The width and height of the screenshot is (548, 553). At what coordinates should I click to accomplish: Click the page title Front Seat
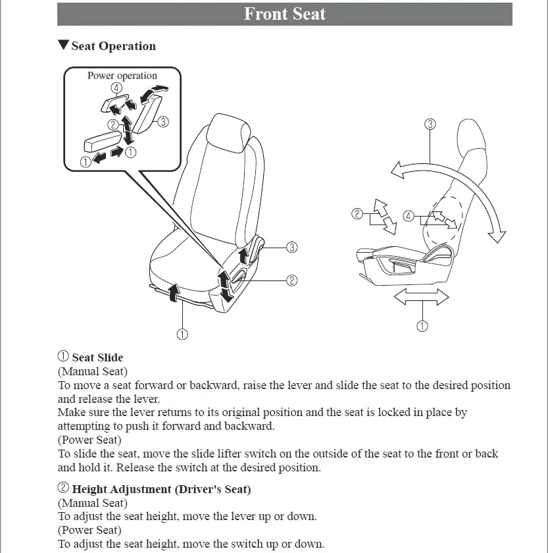coord(284,14)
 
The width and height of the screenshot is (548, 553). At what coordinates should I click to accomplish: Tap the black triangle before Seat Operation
coord(63,45)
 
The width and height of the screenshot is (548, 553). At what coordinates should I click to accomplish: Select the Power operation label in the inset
coord(122,76)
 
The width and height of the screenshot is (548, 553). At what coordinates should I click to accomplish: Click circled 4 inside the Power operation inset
coord(116,88)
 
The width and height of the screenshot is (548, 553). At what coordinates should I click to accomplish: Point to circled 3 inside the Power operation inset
coord(164,121)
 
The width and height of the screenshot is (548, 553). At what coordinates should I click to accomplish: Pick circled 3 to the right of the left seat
coord(291,248)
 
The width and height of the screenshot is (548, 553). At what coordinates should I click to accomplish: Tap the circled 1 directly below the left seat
coord(182,334)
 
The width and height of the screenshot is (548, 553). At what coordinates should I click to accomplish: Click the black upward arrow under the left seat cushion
coord(174,290)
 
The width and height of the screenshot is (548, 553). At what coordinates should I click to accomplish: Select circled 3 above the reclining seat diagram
coord(430,124)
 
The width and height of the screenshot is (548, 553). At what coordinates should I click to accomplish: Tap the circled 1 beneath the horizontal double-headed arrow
coord(422,325)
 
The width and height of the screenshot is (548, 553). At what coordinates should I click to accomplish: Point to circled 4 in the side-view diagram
coord(409,216)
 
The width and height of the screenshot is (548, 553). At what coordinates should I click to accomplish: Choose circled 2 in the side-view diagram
coord(357,213)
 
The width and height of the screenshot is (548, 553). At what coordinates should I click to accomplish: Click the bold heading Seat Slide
coord(97,357)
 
